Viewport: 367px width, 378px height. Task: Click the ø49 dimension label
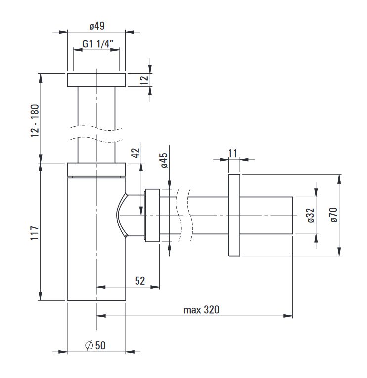click(97, 26)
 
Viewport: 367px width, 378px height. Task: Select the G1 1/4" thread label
click(98, 44)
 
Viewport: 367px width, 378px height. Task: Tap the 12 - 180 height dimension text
click(35, 121)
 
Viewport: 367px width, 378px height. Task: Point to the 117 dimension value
click(35, 233)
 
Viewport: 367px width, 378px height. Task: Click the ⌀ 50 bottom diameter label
click(95, 345)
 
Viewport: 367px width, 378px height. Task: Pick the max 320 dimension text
click(201, 310)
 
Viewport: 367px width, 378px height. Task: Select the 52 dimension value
click(140, 281)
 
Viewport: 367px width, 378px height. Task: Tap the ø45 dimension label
click(164, 160)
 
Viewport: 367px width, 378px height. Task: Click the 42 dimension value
click(136, 153)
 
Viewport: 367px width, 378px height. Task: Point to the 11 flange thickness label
click(232, 153)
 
